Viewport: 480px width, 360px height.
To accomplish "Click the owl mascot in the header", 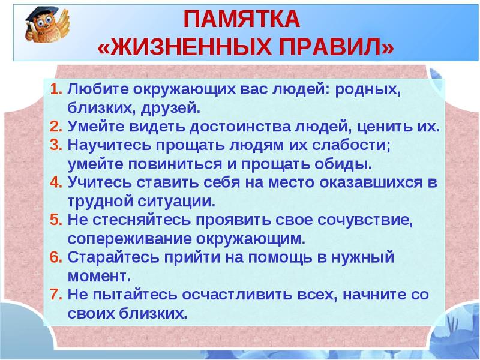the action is (47, 25).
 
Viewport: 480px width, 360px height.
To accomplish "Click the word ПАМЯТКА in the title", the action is (242, 19).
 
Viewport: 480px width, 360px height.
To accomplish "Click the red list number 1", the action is (56, 89).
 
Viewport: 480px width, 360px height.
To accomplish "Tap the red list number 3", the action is (56, 145).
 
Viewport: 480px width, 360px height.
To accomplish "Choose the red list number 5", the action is (56, 220).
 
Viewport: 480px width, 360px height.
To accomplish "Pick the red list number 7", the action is (56, 294).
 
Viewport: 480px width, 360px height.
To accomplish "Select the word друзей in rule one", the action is (170, 109).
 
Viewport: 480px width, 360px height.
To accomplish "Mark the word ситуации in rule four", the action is (176, 202).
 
